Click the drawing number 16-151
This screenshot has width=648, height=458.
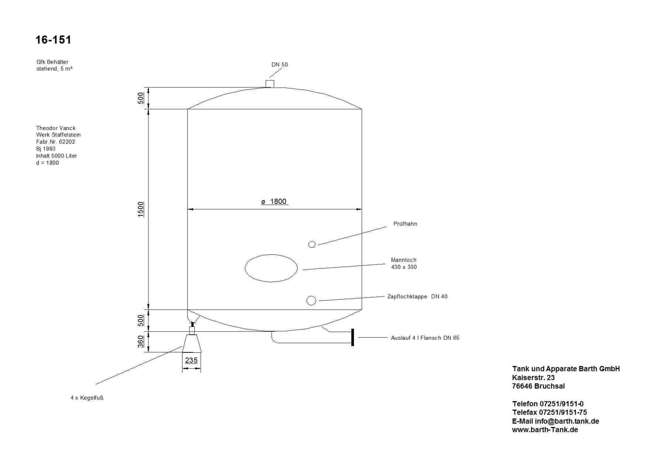click(53, 40)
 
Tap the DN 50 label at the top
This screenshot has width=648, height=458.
click(279, 65)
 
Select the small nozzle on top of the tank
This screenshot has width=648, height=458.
click(270, 83)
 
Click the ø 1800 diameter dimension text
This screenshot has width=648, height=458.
click(274, 201)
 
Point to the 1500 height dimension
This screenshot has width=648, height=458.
click(141, 209)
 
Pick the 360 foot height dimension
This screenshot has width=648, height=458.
click(141, 341)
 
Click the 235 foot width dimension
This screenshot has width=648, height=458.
click(191, 360)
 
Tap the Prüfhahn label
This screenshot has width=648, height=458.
click(405, 224)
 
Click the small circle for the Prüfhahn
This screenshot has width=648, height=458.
click(312, 244)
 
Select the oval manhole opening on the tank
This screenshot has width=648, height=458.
click(271, 268)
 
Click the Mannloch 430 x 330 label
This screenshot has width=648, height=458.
click(404, 264)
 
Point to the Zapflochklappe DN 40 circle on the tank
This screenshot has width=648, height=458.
click(311, 300)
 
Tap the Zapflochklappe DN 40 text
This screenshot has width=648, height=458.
click(417, 297)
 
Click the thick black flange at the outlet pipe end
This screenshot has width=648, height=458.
click(353, 337)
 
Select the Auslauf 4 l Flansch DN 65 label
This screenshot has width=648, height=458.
click(425, 338)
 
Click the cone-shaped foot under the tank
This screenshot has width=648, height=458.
click(192, 344)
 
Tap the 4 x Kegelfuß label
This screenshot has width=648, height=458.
click(87, 398)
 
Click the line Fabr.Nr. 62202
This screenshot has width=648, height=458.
click(56, 142)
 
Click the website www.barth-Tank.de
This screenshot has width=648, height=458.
click(545, 430)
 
